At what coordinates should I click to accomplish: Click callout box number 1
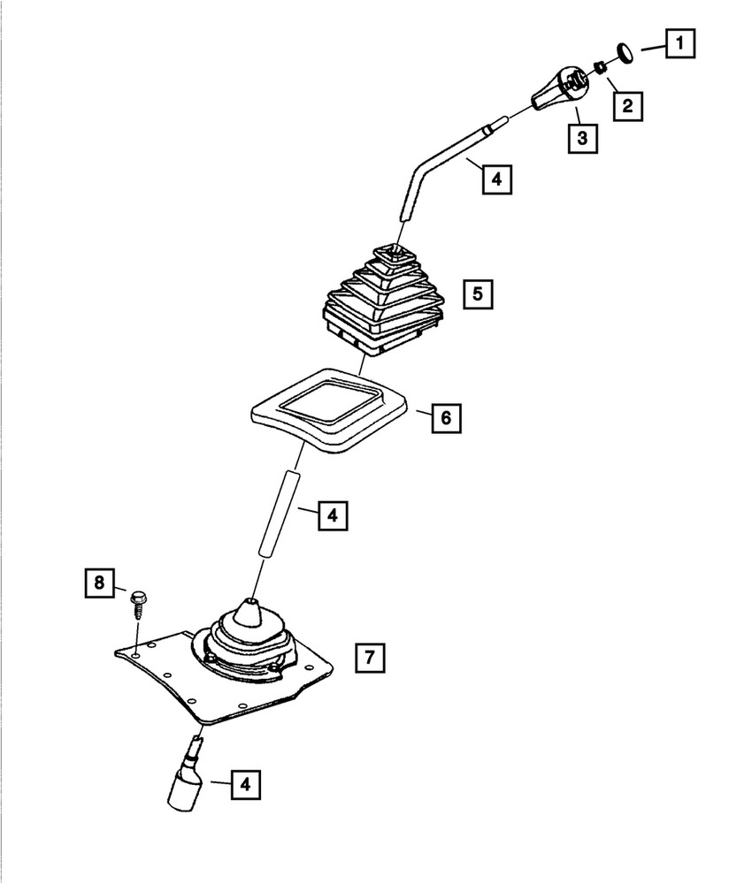click(x=679, y=42)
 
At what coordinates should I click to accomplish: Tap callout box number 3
click(x=582, y=137)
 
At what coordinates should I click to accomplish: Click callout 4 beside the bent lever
click(x=497, y=179)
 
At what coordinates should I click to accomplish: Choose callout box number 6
click(x=447, y=416)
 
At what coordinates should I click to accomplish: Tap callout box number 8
click(x=99, y=583)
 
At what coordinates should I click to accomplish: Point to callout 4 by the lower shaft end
click(x=248, y=783)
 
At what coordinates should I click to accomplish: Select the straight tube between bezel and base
click(x=279, y=513)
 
